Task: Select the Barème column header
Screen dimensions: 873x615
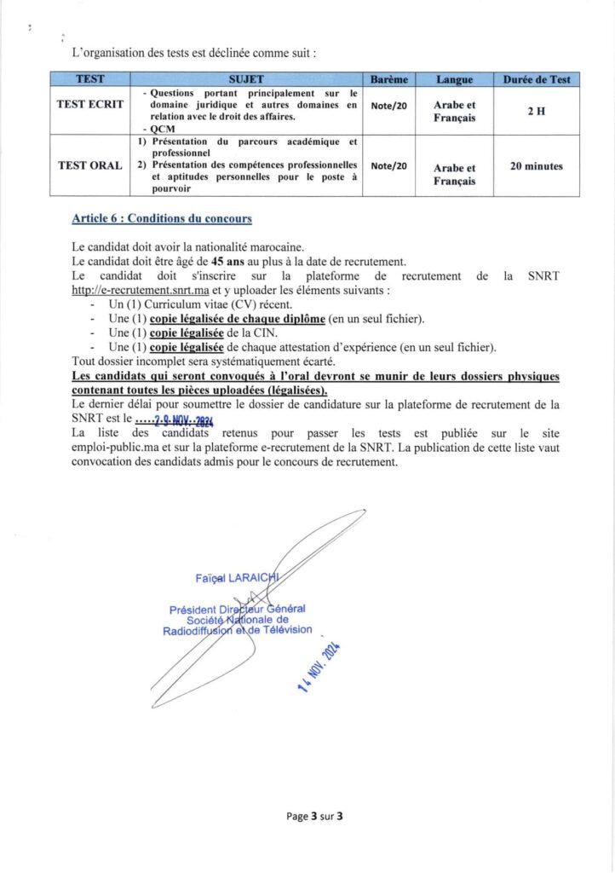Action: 389,79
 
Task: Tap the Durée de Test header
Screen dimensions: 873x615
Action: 537,79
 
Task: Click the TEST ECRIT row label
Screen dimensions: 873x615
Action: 90,105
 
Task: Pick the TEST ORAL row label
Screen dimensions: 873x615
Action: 89,165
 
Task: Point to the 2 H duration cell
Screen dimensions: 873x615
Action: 536,112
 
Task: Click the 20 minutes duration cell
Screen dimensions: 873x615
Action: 536,166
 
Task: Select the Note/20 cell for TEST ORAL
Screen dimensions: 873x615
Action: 389,166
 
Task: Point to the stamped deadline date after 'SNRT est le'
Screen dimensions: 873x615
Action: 175,419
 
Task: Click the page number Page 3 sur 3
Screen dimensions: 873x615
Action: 314,816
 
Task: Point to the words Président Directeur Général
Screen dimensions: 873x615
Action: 237,609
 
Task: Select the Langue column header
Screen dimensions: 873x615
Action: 454,79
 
